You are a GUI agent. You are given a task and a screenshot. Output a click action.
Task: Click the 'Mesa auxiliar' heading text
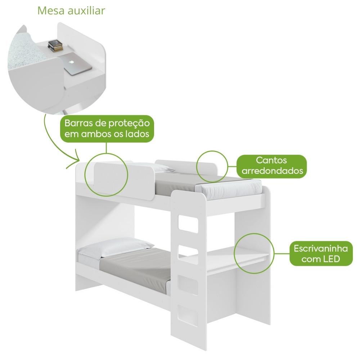(71, 10)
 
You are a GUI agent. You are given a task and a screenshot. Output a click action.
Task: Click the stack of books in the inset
(55, 45)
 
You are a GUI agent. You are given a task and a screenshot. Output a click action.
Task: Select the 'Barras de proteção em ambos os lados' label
(107, 129)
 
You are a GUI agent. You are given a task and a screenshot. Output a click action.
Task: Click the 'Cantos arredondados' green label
(272, 166)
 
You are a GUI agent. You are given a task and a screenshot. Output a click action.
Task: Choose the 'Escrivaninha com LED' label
(321, 254)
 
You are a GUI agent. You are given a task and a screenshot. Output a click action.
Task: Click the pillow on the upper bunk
(158, 168)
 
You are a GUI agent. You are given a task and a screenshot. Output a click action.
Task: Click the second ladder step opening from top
(188, 255)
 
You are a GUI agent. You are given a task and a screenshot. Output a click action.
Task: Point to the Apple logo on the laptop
(72, 62)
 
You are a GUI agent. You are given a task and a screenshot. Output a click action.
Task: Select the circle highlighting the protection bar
(85, 175)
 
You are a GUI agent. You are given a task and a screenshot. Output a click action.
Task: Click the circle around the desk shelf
(234, 254)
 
